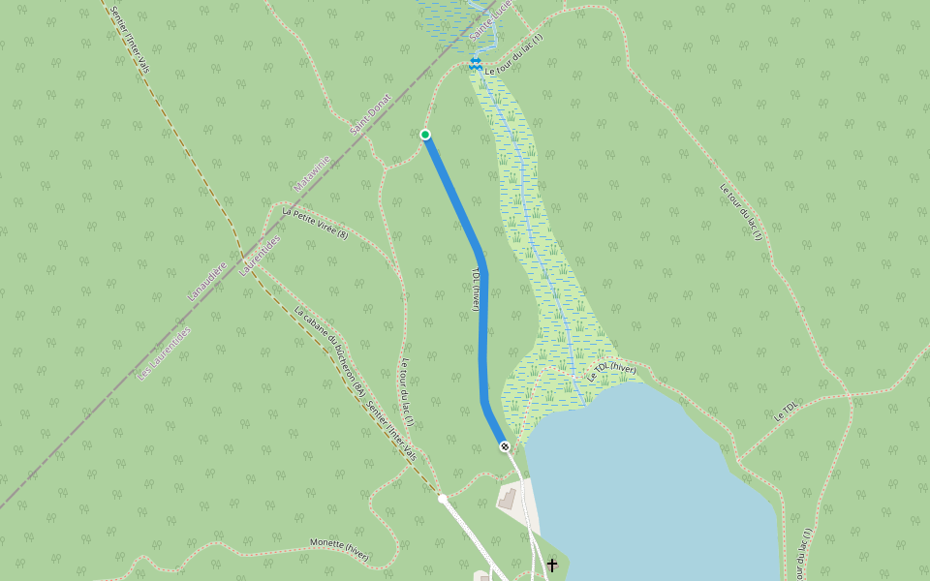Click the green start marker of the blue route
[x=425, y=135]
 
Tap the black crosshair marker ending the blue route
[x=505, y=446]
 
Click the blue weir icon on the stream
[x=475, y=65]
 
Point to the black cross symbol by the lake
[x=552, y=564]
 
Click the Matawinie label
[x=312, y=172]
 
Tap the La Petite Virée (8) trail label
[x=315, y=222]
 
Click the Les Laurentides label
[x=165, y=352]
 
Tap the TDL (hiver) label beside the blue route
[x=476, y=290]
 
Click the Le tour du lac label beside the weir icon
[x=513, y=57]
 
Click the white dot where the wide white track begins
[x=442, y=499]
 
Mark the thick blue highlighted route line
[x=482, y=329]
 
